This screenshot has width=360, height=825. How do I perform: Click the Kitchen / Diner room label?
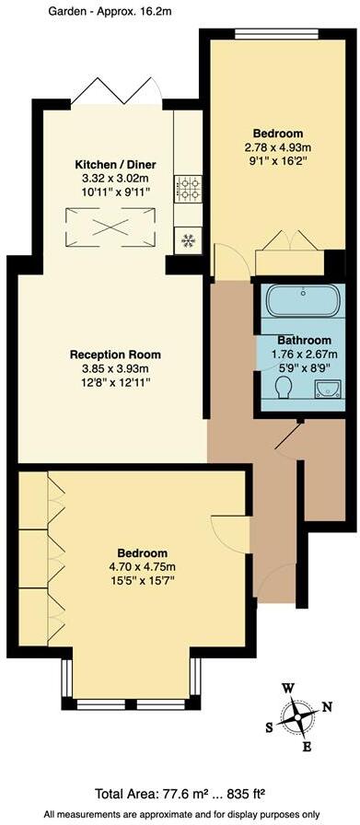tap(116, 165)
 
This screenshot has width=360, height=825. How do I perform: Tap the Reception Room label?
tap(116, 354)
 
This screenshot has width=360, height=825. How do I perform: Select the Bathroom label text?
tap(295, 338)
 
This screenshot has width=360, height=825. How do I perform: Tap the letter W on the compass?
tap(287, 689)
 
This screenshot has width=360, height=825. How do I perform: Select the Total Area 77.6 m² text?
tap(181, 794)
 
